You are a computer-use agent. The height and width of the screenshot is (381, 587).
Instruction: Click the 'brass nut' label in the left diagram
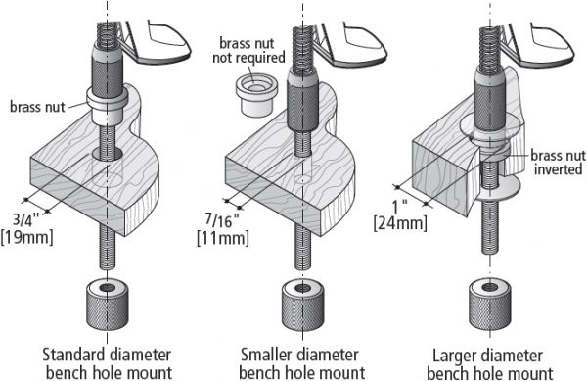[37, 107]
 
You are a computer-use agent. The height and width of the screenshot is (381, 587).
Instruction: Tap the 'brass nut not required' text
[248, 51]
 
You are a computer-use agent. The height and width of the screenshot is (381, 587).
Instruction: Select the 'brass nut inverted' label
[558, 163]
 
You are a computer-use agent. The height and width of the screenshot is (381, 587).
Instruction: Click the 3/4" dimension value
[26, 219]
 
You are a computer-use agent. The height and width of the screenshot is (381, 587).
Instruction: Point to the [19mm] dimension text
[27, 237]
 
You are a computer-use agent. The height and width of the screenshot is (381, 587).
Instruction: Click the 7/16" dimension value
[222, 220]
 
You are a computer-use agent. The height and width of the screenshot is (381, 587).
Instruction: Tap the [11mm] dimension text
[223, 238]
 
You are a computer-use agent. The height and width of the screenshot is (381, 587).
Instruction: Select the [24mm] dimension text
[400, 223]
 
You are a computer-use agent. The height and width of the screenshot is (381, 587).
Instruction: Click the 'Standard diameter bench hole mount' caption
[108, 363]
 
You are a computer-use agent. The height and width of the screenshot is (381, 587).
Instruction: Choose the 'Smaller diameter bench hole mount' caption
[301, 363]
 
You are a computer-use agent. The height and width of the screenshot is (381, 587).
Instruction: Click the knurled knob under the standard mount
[108, 305]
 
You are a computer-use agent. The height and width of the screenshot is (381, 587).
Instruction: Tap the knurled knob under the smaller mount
[302, 305]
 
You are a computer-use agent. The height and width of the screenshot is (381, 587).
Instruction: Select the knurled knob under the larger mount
[490, 305]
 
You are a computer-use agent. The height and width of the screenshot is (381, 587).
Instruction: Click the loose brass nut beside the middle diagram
[256, 96]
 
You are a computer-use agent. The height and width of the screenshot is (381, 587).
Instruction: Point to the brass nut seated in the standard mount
[108, 106]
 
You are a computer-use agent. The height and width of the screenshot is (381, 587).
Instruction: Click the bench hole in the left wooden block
[108, 153]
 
